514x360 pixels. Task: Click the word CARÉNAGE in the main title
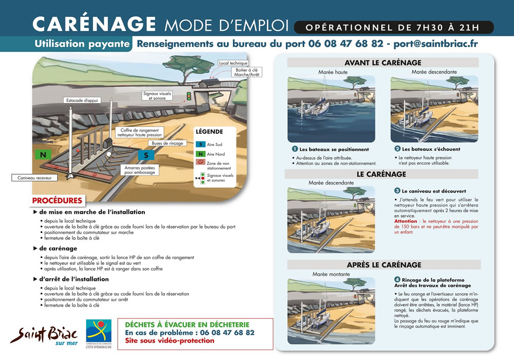pyautogui.click(x=94, y=24)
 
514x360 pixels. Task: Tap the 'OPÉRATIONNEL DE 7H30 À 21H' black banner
pyautogui.click(x=394, y=27)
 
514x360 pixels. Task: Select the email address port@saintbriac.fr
pyautogui.click(x=435, y=44)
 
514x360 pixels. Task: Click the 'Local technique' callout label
pyautogui.click(x=233, y=63)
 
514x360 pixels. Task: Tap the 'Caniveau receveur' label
pyautogui.click(x=32, y=178)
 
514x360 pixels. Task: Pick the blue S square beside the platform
pyautogui.click(x=146, y=155)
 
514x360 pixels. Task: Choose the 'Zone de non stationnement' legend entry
pyautogui.click(x=218, y=165)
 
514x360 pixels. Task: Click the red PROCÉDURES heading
pyautogui.click(x=57, y=200)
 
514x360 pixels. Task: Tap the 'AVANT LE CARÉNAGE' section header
pyautogui.click(x=382, y=63)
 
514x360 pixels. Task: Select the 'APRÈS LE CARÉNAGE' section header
pyautogui.click(x=383, y=265)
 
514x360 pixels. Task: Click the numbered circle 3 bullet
pyautogui.click(x=397, y=190)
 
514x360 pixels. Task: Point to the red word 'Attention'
pyautogui.click(x=406, y=221)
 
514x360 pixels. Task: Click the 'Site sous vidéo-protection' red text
pyautogui.click(x=162, y=340)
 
